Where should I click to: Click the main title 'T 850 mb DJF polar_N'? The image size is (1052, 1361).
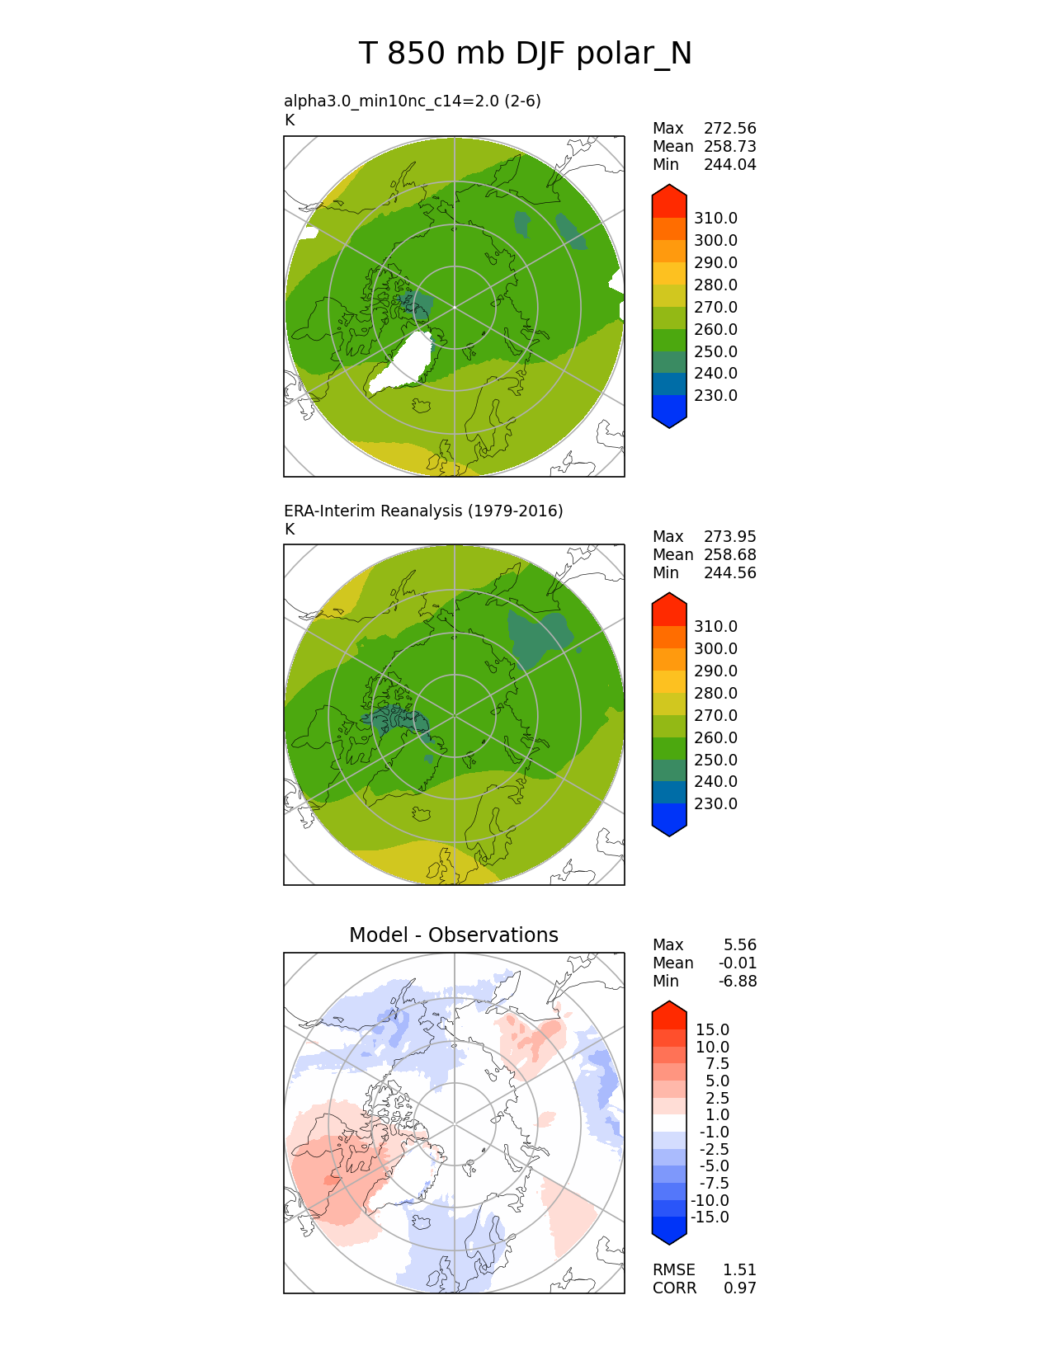pyautogui.click(x=525, y=54)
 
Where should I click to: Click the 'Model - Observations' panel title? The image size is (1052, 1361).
pyautogui.click(x=453, y=935)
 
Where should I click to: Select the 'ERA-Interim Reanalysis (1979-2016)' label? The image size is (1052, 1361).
pyautogui.click(x=423, y=511)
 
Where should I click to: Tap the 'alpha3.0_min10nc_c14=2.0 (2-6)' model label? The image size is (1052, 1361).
pyautogui.click(x=413, y=101)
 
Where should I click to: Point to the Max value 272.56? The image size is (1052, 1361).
pyautogui.click(x=729, y=128)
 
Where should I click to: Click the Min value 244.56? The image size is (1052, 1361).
pyautogui.click(x=729, y=572)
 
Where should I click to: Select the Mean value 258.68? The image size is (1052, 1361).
pyautogui.click(x=729, y=554)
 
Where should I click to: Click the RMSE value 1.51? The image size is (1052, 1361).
pyautogui.click(x=739, y=1269)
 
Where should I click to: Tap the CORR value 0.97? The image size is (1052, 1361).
pyautogui.click(x=739, y=1288)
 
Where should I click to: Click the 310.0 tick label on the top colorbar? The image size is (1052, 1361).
pyautogui.click(x=715, y=218)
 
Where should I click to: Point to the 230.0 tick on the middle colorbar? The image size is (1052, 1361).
pyautogui.click(x=715, y=803)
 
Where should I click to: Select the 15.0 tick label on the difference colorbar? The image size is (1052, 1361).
pyautogui.click(x=712, y=1029)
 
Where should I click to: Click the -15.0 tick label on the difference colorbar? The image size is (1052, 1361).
pyautogui.click(x=710, y=1217)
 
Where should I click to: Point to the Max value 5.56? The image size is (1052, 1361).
pyautogui.click(x=739, y=944)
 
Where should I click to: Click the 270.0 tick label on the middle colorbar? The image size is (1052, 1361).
pyautogui.click(x=715, y=715)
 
